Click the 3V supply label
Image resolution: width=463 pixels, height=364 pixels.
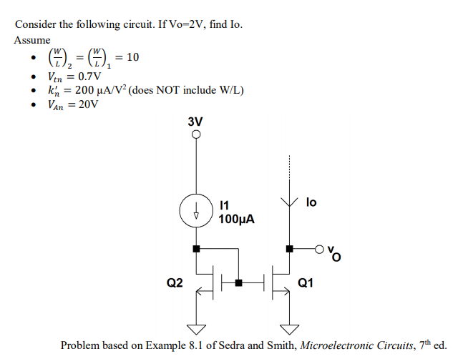(195, 122)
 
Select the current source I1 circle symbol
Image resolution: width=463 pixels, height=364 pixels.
(195, 210)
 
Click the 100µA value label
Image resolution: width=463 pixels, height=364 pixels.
(237, 218)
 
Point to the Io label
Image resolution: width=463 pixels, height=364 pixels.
(311, 203)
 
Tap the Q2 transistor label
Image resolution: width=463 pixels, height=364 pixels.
(175, 283)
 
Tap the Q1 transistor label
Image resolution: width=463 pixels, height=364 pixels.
(306, 283)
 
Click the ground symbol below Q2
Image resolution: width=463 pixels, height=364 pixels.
(195, 330)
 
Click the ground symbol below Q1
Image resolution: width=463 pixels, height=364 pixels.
(289, 330)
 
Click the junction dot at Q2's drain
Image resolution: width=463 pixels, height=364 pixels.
(195, 250)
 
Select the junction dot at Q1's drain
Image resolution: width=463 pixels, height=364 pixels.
(289, 250)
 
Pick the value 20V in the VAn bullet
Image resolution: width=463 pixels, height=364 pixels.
(87, 105)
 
